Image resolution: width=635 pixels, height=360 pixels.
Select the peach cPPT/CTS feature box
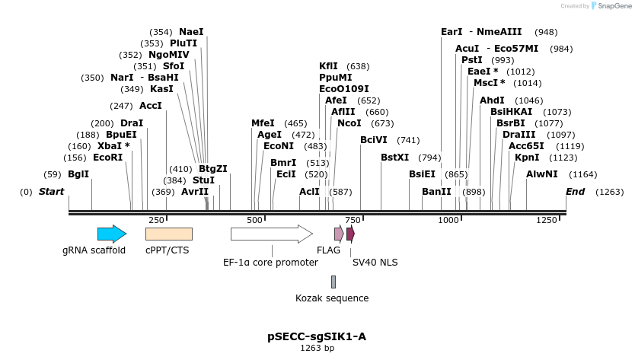point(168,234)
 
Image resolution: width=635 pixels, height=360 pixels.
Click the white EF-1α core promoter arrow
point(271,234)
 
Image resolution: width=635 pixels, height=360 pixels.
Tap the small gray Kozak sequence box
point(333,282)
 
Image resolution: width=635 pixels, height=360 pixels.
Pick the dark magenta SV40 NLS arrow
point(350,234)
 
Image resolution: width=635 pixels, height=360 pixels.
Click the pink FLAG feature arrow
point(339,234)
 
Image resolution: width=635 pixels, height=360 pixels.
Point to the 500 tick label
point(254,219)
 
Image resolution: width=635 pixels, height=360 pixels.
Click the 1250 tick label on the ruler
point(547,219)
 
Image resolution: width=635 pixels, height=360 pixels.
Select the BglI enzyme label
point(78,174)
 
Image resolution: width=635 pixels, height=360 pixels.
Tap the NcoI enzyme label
point(349,123)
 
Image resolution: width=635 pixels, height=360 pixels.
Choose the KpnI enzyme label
point(527,158)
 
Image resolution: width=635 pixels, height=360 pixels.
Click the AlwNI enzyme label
point(541,174)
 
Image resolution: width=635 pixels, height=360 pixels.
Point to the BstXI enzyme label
point(394,158)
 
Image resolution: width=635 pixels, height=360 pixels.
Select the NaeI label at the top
point(191,32)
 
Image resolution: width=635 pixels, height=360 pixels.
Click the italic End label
point(575,192)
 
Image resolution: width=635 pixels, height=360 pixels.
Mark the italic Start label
point(51,192)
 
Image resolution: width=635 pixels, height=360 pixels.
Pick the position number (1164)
point(583,174)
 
